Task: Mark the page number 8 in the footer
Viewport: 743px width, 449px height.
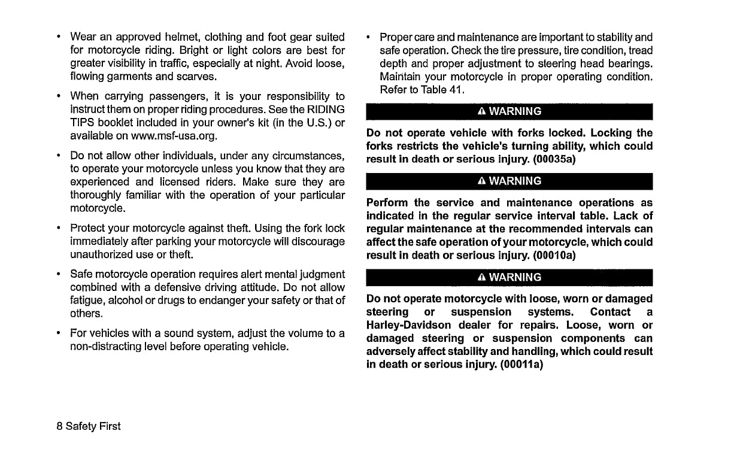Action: (x=60, y=426)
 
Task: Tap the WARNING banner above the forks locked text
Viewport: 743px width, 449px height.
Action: (x=509, y=111)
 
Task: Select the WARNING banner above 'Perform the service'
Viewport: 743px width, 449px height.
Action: (x=509, y=181)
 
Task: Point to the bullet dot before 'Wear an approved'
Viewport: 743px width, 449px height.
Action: (x=58, y=37)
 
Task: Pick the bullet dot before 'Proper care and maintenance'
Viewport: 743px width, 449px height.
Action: (x=368, y=37)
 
